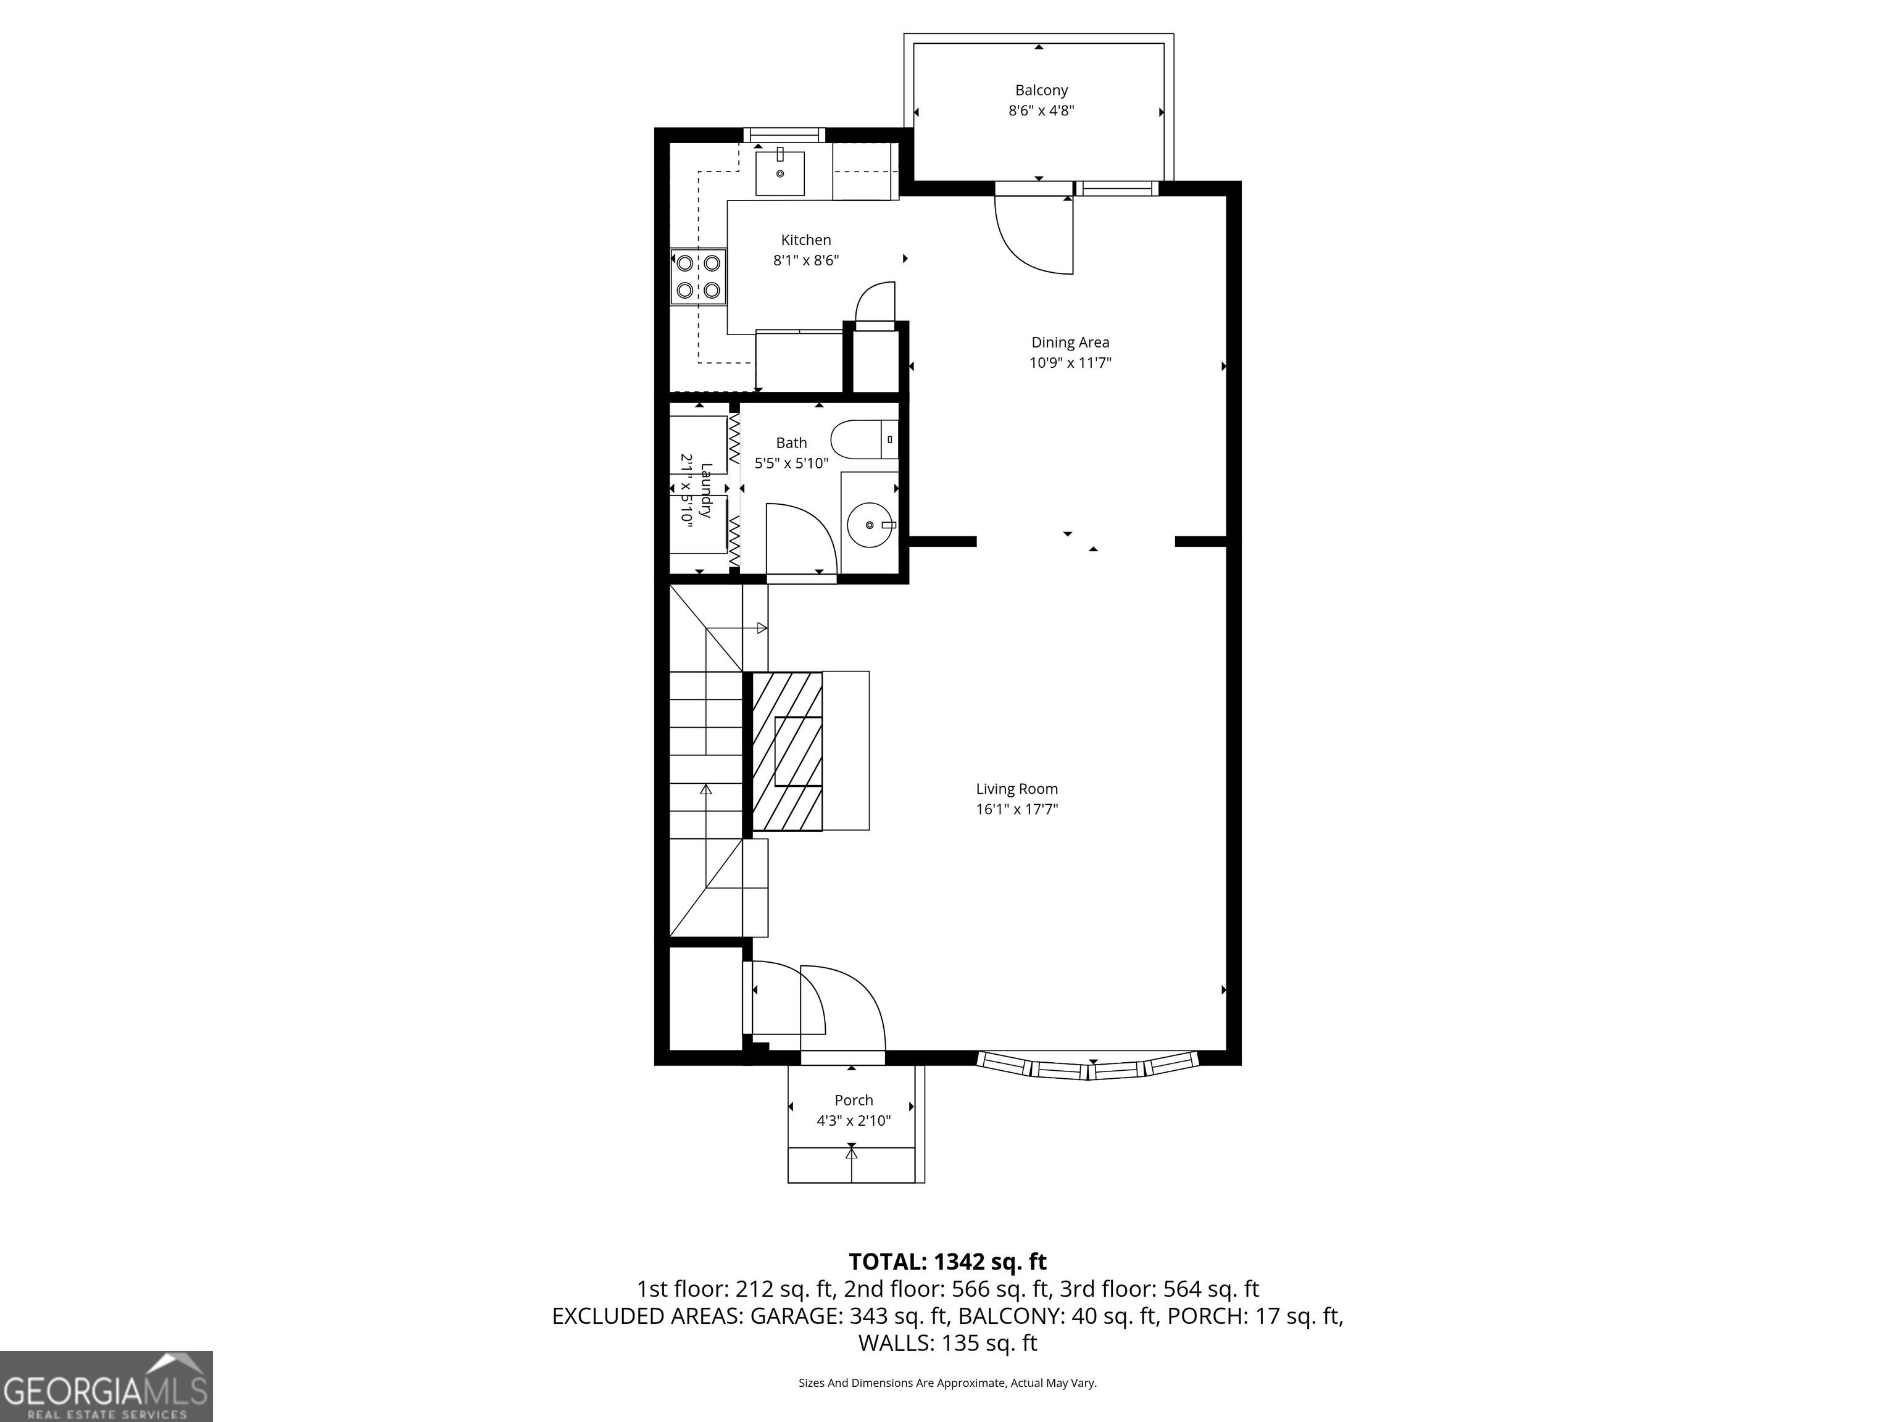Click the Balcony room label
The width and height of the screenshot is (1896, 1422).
tap(1041, 90)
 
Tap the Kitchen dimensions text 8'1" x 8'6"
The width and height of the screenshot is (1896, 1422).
tap(805, 260)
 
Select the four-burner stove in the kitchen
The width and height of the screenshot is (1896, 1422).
tap(697, 276)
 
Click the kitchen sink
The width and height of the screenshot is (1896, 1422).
tap(780, 173)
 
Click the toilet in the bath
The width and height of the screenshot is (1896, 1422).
tap(864, 439)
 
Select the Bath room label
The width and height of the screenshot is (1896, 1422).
tap(791, 443)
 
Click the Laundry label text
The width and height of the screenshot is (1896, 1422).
tap(705, 490)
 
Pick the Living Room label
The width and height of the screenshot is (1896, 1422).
tap(1017, 789)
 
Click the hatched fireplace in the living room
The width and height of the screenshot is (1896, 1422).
tap(787, 751)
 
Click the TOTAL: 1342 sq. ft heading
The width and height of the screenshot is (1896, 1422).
tap(947, 1262)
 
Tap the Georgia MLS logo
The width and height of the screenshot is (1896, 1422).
tap(106, 1386)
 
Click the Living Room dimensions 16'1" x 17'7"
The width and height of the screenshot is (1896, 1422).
tap(1017, 809)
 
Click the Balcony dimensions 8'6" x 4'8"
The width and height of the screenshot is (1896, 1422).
tap(1041, 110)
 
